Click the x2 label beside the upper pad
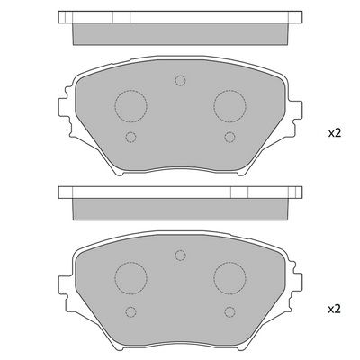pyautogui.click(x=335, y=133)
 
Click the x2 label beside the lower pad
pyautogui.click(x=335, y=309)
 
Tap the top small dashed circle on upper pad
pyautogui.click(x=180, y=80)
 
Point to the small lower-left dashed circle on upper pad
pyautogui.click(x=130, y=137)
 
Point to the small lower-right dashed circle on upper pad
pyautogui.click(x=229, y=137)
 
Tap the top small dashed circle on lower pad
pyautogui.click(x=180, y=256)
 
